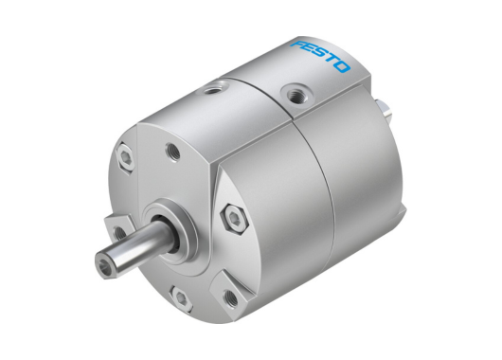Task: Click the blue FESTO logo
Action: click(319, 56)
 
